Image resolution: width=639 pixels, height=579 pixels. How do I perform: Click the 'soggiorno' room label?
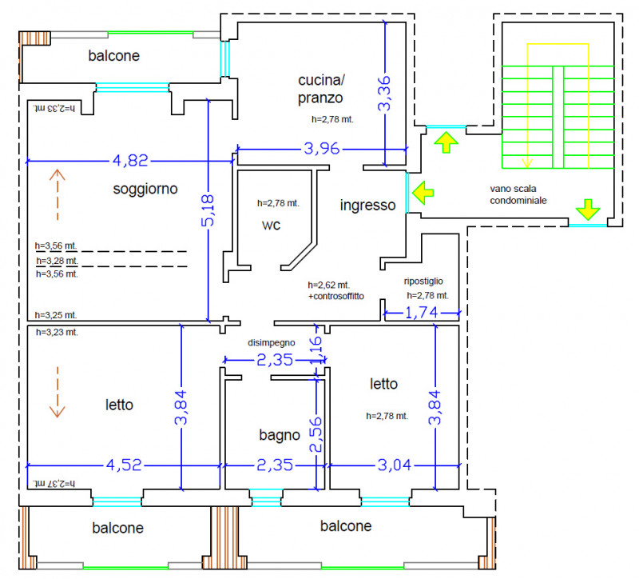(145, 190)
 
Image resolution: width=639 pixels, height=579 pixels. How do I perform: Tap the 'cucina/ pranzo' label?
(321, 89)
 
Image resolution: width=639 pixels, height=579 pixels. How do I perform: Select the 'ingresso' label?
(367, 206)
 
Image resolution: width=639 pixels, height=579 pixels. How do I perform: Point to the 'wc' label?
(271, 226)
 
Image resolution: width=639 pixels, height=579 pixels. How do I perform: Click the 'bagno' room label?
(280, 435)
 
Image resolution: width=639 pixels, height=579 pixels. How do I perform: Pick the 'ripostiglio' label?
(423, 282)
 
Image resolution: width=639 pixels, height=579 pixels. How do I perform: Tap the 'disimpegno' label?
(271, 343)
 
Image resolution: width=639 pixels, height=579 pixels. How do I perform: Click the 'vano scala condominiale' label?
(518, 194)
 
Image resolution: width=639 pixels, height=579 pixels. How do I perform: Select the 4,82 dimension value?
(130, 161)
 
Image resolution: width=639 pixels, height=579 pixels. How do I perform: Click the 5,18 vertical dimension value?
(208, 210)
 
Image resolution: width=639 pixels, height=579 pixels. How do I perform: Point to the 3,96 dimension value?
(322, 149)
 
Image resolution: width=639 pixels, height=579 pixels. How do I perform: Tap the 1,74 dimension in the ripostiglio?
(422, 313)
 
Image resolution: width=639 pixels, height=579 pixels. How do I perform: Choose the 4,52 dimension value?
(124, 465)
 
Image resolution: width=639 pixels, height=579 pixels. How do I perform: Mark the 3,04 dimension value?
(394, 465)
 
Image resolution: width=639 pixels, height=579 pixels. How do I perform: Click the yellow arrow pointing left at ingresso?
(423, 192)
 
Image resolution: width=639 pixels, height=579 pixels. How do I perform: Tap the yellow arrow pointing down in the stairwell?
(588, 210)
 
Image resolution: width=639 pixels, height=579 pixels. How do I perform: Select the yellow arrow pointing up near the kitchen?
(447, 142)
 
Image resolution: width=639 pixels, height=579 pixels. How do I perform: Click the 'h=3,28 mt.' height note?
(57, 261)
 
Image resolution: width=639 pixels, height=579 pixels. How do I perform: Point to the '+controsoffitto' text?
(336, 296)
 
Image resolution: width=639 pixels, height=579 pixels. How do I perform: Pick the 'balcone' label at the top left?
(113, 56)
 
